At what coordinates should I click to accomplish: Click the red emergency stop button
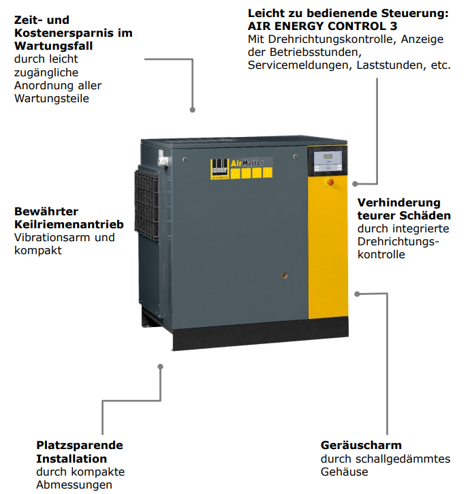coord(330,182)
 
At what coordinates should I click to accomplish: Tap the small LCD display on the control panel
coord(328,157)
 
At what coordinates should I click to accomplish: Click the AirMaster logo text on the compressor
coord(247,163)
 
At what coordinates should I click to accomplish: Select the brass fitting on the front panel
coord(284,276)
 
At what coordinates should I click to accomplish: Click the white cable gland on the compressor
coord(164,160)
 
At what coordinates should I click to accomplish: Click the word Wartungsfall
coord(54,46)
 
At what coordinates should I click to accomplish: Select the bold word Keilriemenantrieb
coord(69,224)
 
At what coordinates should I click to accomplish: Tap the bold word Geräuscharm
coord(361,446)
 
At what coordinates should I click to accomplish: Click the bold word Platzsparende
coord(80,446)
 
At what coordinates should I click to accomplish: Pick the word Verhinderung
coord(399,202)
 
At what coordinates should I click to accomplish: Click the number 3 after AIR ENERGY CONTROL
coord(393,26)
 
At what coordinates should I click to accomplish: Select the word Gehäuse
coord(345,472)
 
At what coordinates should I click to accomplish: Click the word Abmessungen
coord(74,485)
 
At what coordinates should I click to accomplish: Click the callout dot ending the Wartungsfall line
coord(192,110)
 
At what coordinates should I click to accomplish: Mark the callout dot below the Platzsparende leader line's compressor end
coord(160,367)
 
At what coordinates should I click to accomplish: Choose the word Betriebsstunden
coord(315,52)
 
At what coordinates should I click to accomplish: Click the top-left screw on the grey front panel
coord(185,159)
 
